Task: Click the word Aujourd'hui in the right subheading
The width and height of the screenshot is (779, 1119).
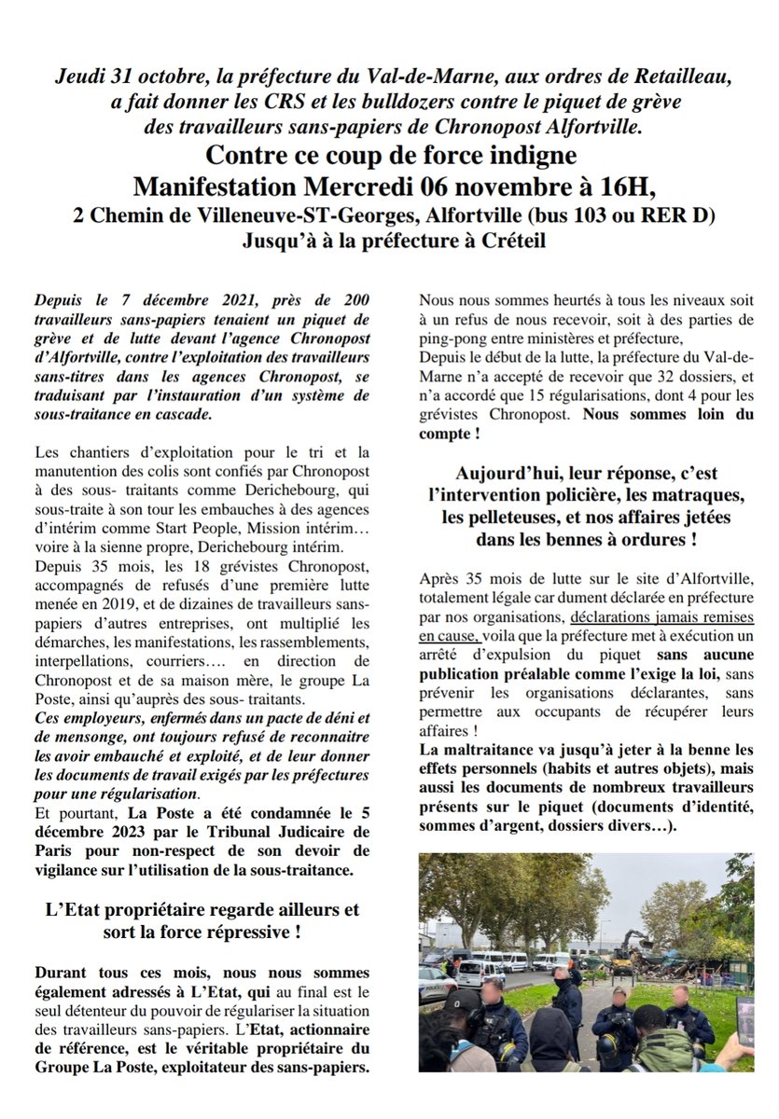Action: [509, 474]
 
